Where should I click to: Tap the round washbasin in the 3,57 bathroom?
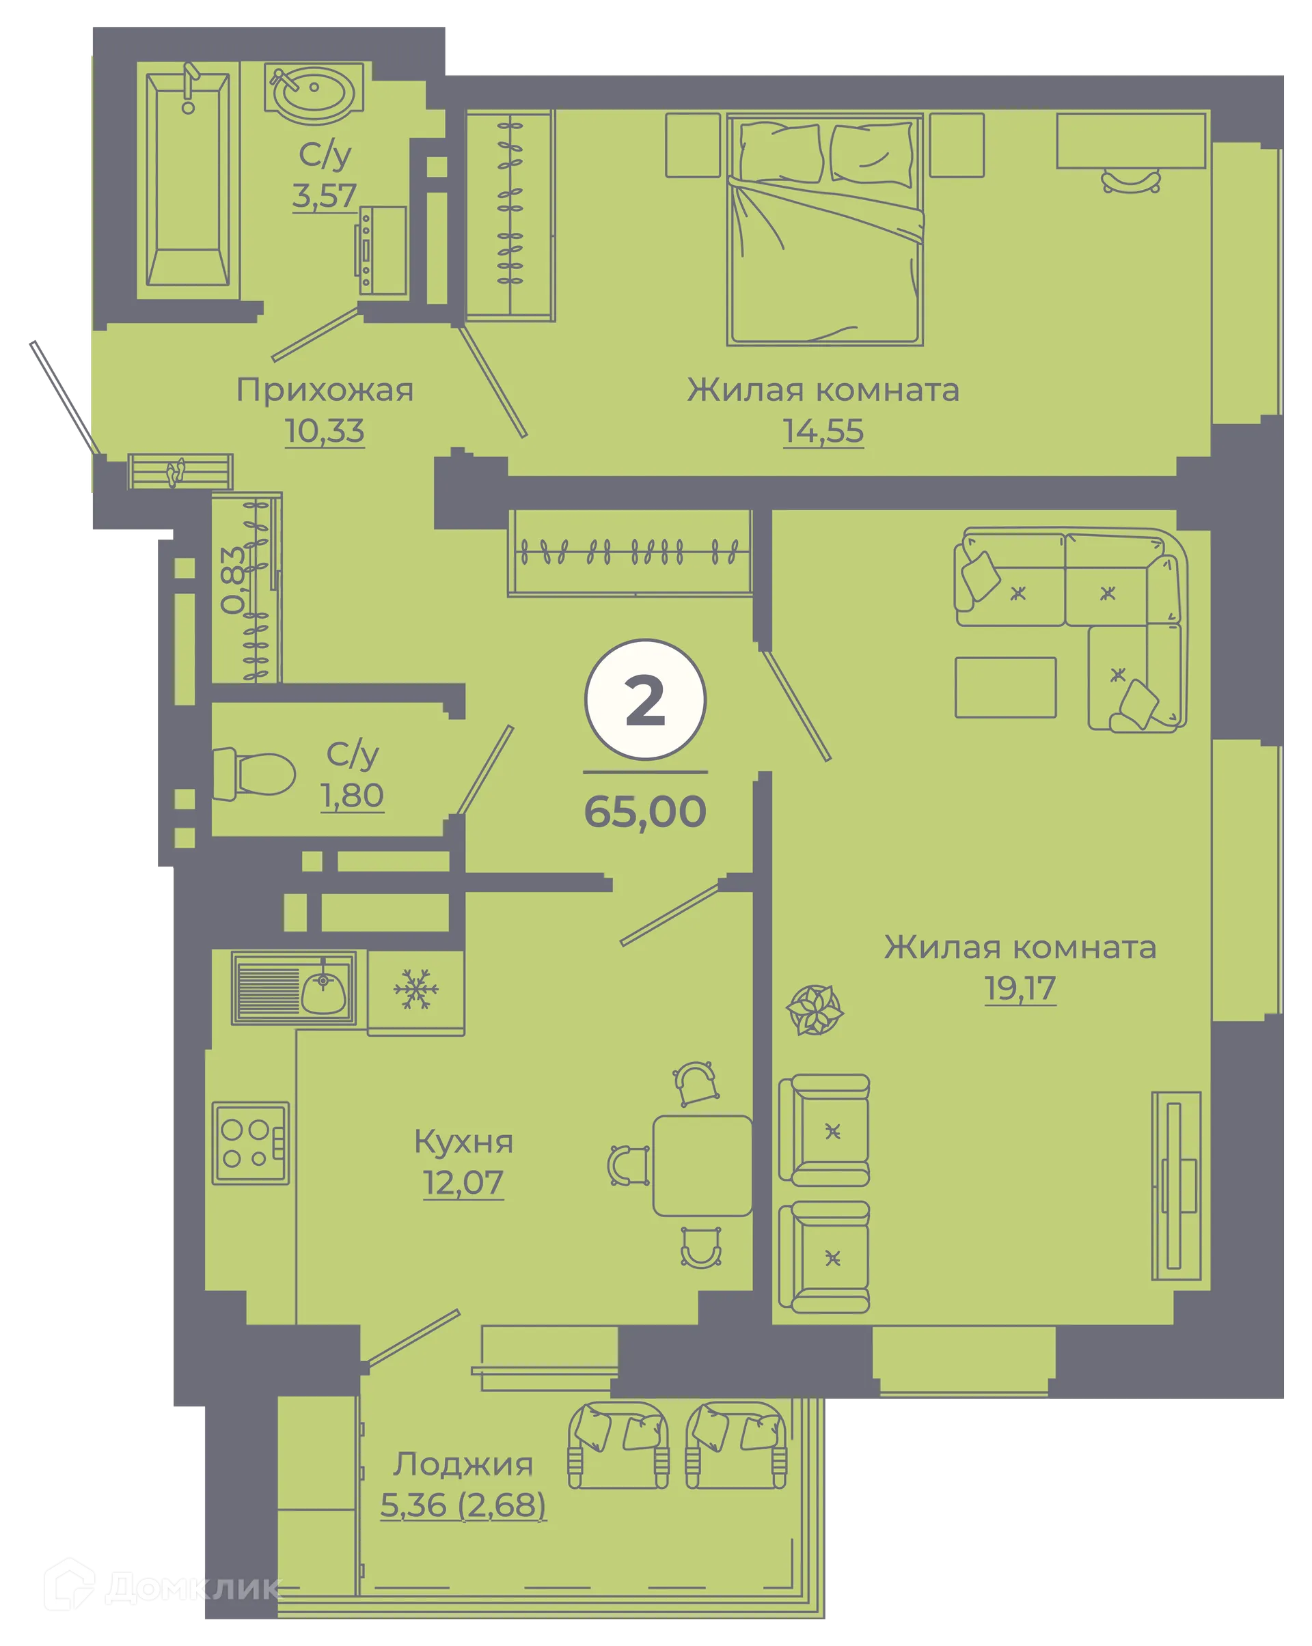(x=313, y=92)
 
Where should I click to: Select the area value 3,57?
(x=325, y=196)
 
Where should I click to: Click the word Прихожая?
(x=325, y=390)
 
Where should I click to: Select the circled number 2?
(x=645, y=700)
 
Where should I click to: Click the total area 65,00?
(x=645, y=811)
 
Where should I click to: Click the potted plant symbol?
(x=815, y=1010)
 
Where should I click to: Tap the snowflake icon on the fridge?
(x=416, y=990)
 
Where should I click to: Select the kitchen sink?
(x=294, y=988)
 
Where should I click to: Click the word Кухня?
(x=463, y=1142)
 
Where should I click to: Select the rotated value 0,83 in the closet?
(x=234, y=581)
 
